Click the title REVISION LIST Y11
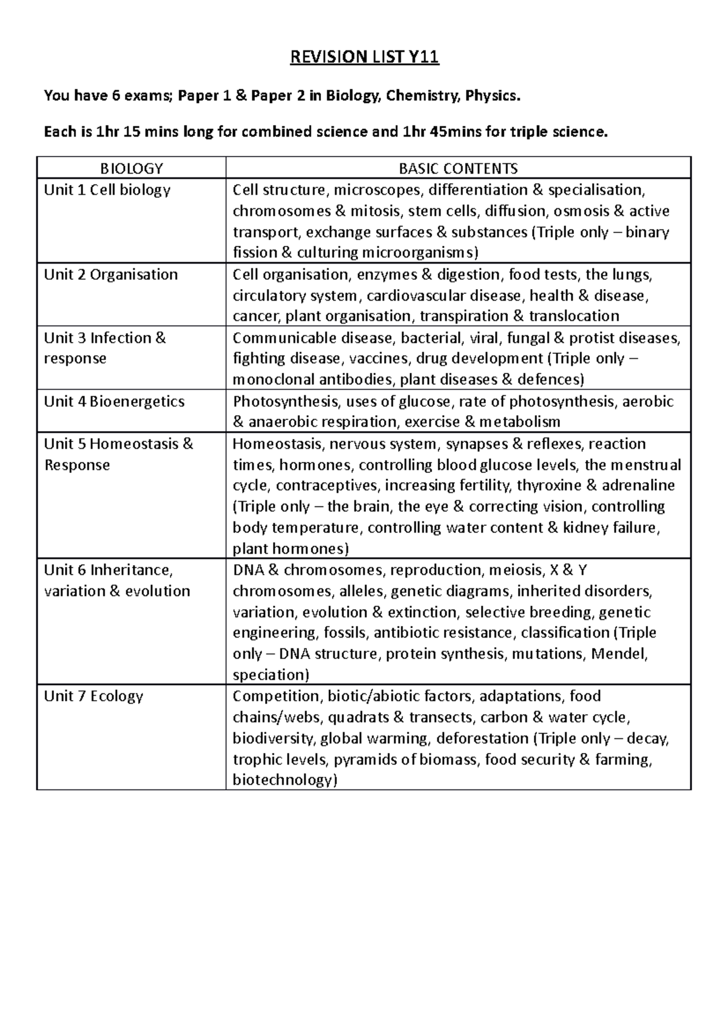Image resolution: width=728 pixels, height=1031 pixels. click(x=365, y=58)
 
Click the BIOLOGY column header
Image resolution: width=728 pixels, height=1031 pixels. click(x=131, y=168)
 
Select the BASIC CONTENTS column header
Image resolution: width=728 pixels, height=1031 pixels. click(x=458, y=168)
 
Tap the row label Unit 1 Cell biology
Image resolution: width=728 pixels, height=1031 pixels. click(x=107, y=190)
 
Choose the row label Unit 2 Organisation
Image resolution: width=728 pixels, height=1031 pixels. click(x=110, y=274)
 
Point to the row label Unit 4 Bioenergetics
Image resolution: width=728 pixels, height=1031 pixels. click(x=114, y=401)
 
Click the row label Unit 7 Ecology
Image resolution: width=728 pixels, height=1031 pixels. click(x=93, y=696)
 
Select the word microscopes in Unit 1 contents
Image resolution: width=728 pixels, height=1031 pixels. click(x=377, y=190)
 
